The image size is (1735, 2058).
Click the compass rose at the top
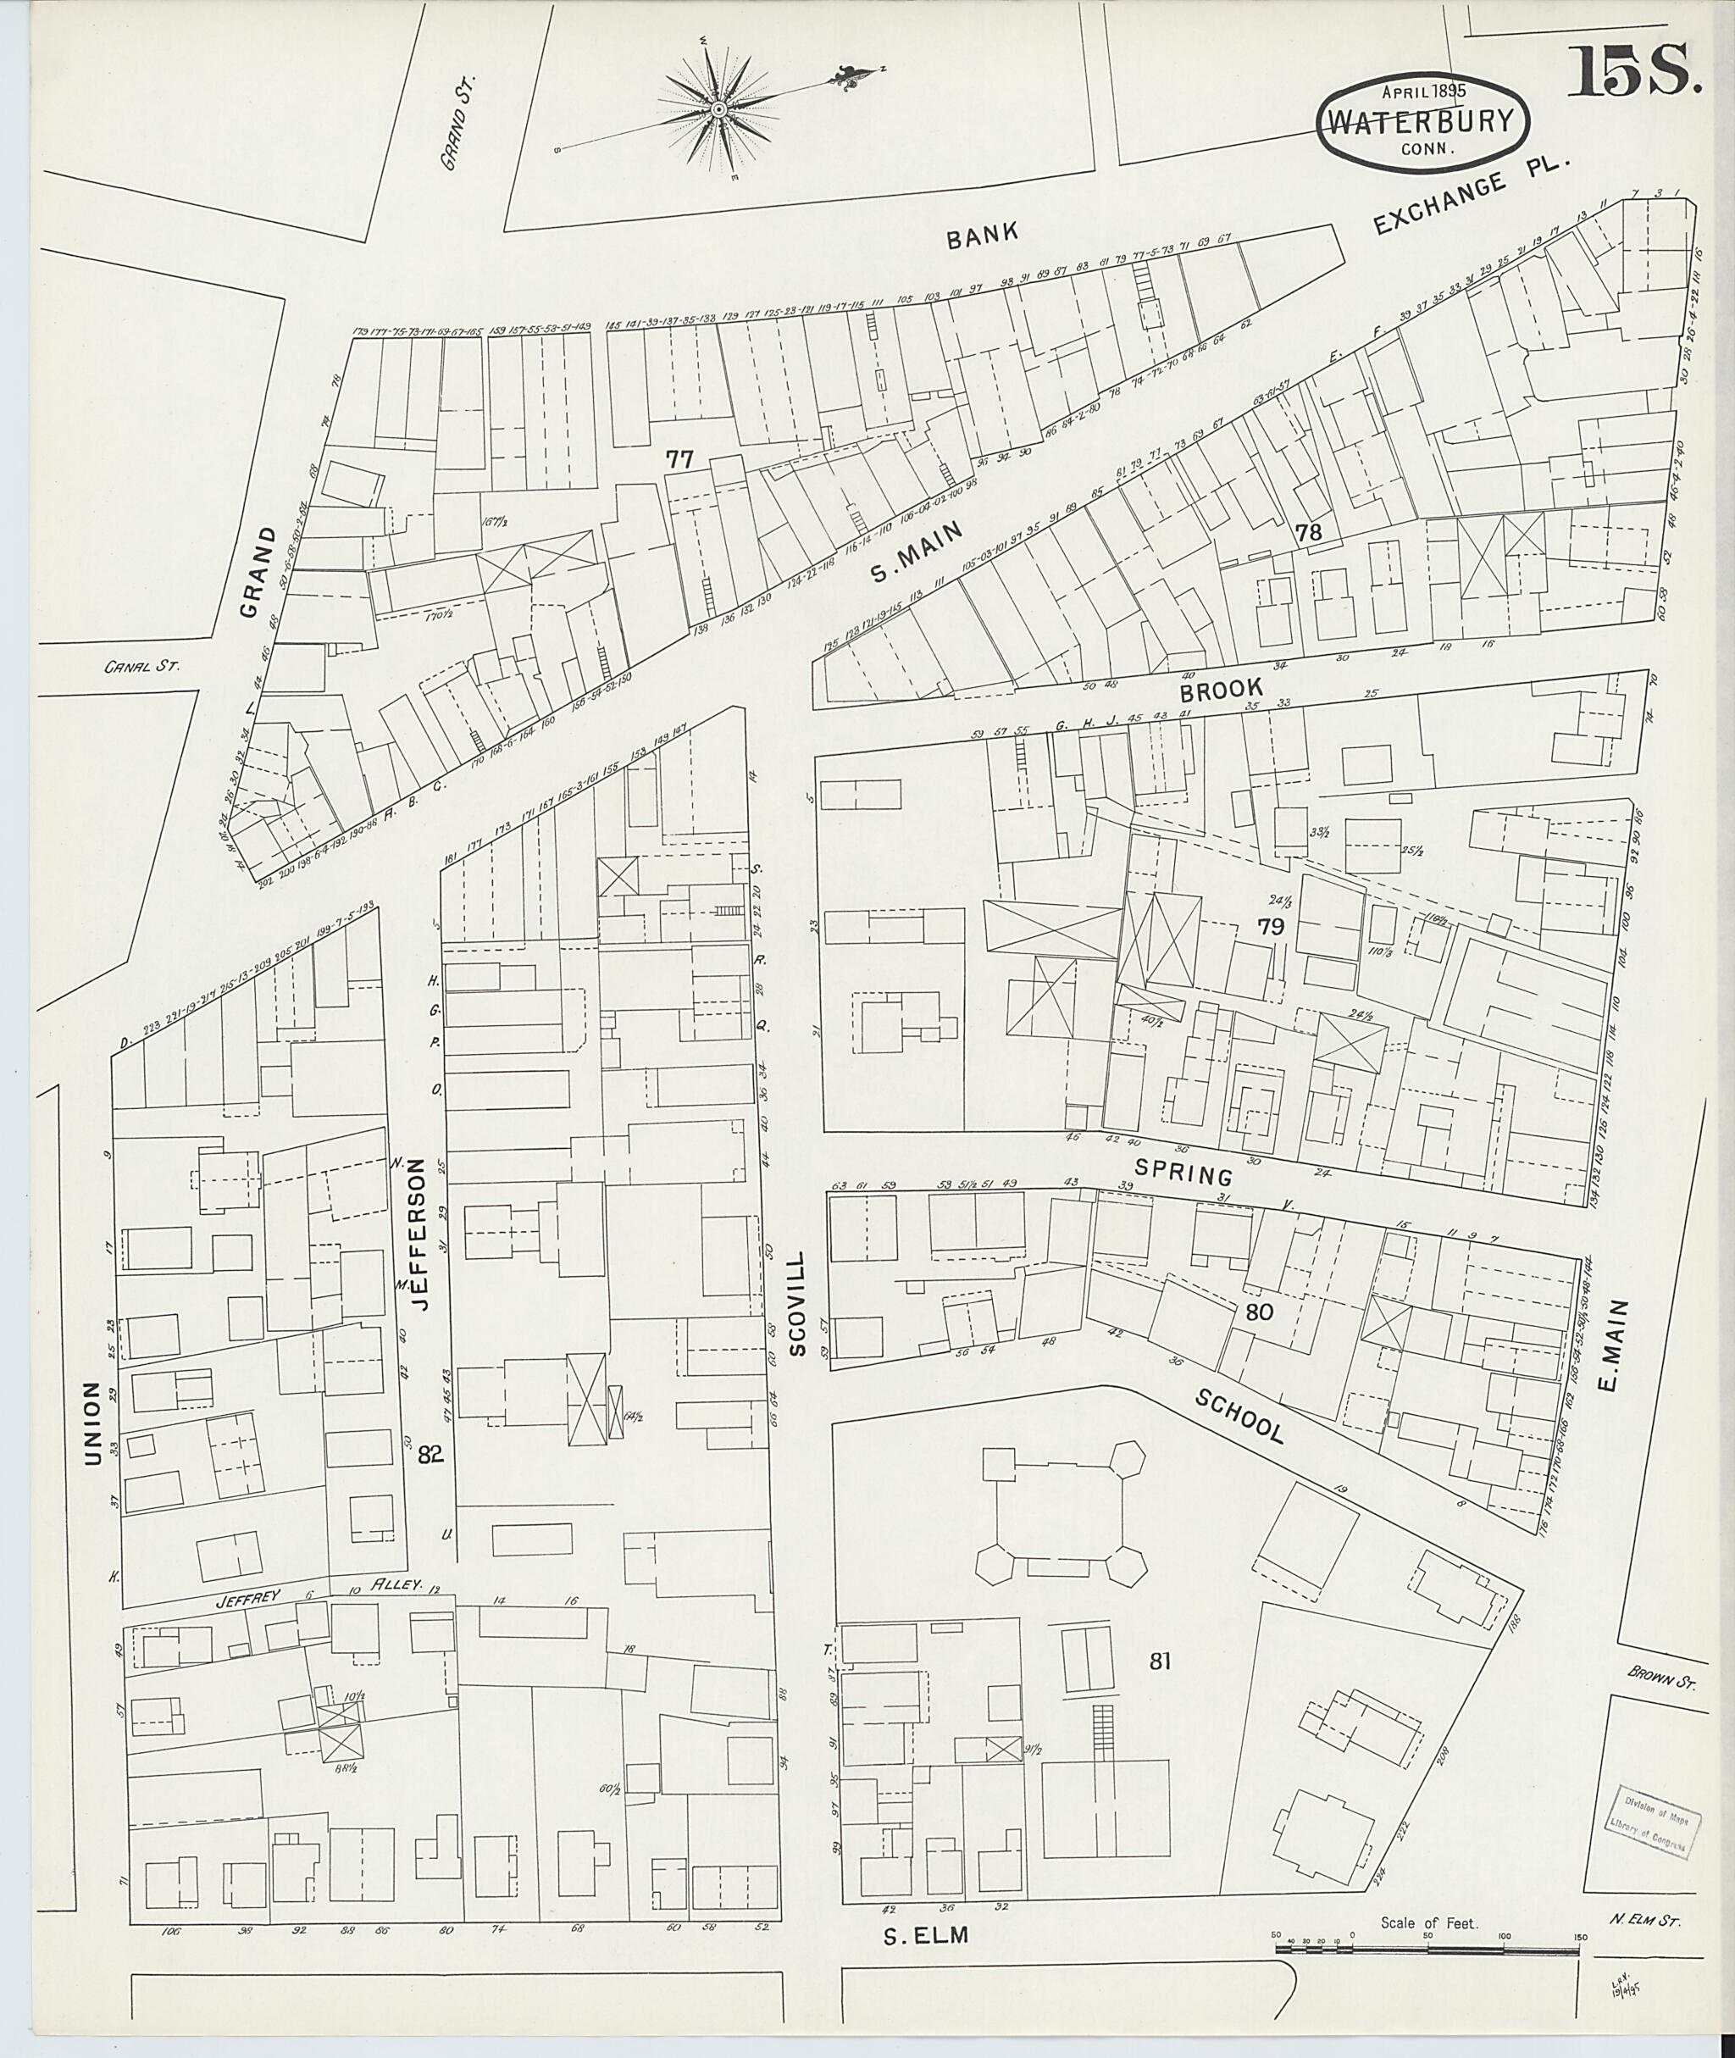[x=719, y=109]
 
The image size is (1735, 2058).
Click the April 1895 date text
[x=1423, y=91]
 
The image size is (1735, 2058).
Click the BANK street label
[x=982, y=236]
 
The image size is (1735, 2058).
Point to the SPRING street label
[x=1183, y=1173]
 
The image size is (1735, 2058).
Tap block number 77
[x=679, y=458]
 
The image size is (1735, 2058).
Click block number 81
[x=1161, y=1662]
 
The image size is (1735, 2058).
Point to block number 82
[x=430, y=1455]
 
